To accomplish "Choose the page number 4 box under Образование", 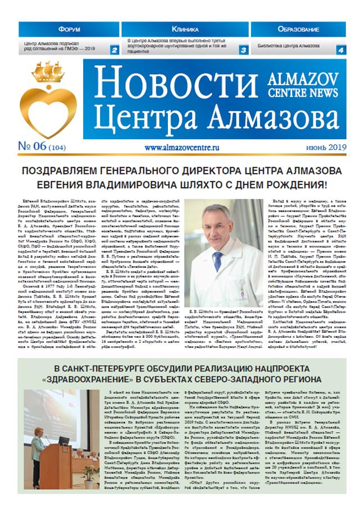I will pos(340,49).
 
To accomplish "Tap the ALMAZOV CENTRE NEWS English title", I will pos(312,84).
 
